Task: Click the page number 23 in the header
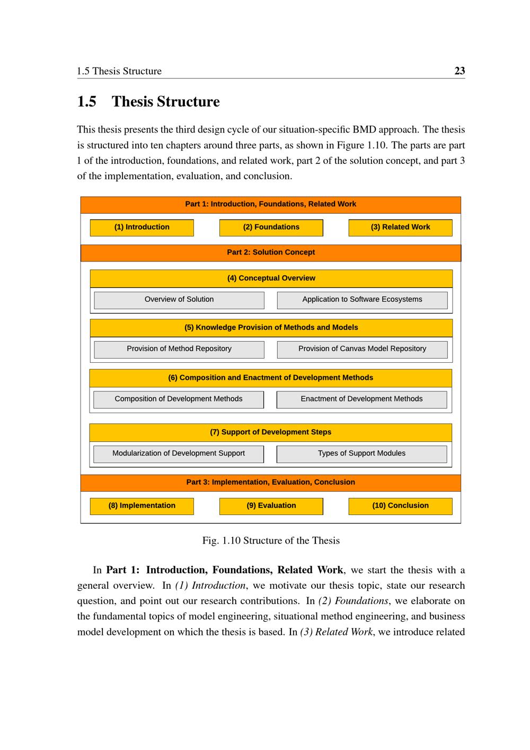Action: pyautogui.click(x=459, y=71)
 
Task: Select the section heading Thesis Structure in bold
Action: pyautogui.click(x=165, y=101)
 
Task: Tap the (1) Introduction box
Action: pyautogui.click(x=142, y=227)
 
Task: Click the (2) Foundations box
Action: pyautogui.click(x=271, y=227)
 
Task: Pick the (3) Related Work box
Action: pyautogui.click(x=400, y=227)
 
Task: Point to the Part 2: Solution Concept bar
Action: pyautogui.click(x=271, y=252)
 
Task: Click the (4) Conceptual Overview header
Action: pyautogui.click(x=271, y=278)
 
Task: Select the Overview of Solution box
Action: pyautogui.click(x=179, y=300)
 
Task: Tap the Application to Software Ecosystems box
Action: pyautogui.click(x=362, y=300)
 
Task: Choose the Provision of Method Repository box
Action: pyautogui.click(x=179, y=349)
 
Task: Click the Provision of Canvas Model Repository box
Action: pyautogui.click(x=362, y=349)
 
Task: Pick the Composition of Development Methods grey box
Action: pyautogui.click(x=179, y=399)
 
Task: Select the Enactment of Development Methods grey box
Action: pyautogui.click(x=361, y=399)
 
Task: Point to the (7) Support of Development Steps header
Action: pyautogui.click(x=270, y=432)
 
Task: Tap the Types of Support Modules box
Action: pyautogui.click(x=361, y=454)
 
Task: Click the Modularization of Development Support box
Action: pyautogui.click(x=179, y=454)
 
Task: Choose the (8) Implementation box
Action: pyautogui.click(x=142, y=505)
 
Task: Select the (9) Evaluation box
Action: pyautogui.click(x=271, y=505)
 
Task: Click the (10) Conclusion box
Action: pyautogui.click(x=400, y=505)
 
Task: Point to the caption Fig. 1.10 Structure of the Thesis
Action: pyautogui.click(x=271, y=540)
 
